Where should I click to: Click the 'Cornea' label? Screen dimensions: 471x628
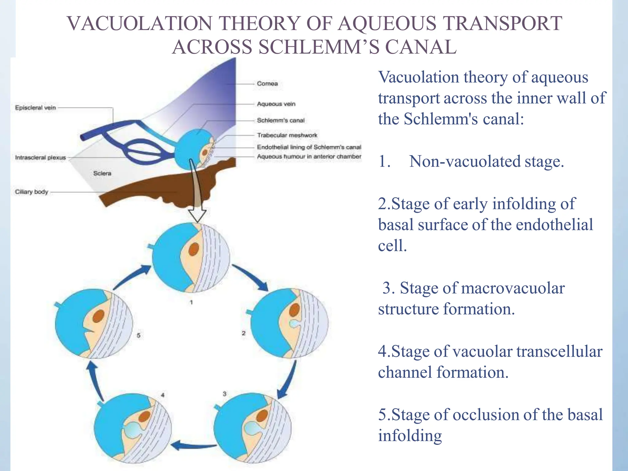click(267, 84)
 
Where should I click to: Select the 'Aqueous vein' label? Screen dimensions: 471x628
click(276, 104)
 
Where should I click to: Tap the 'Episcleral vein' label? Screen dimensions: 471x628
click(36, 108)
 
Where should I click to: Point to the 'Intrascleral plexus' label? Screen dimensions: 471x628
click(40, 158)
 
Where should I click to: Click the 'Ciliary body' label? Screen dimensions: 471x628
click(32, 192)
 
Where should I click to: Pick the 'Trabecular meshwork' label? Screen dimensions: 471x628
click(287, 135)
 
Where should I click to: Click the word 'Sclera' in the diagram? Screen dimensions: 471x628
click(102, 174)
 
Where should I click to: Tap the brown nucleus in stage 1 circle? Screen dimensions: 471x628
click(193, 249)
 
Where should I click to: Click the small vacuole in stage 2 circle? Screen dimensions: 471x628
click(294, 324)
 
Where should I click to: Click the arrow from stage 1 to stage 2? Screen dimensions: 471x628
click(250, 278)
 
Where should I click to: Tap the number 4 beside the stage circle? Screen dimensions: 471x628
click(163, 395)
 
